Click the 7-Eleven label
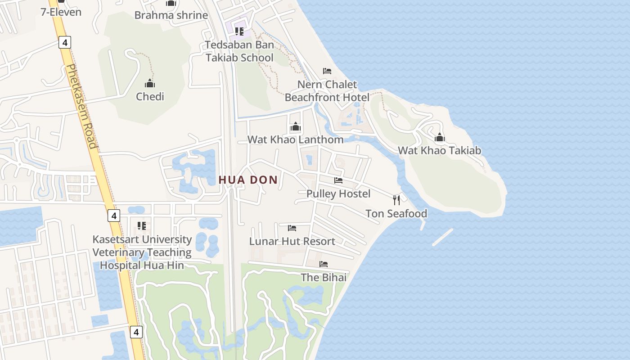[61, 12]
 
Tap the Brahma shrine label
[171, 15]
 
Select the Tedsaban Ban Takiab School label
[239, 51]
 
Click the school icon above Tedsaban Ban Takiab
[239, 31]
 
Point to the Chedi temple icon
[150, 83]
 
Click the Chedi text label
[150, 96]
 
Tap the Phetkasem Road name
[81, 106]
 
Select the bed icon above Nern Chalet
[327, 71]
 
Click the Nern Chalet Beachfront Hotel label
[327, 91]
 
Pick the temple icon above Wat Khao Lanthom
[295, 127]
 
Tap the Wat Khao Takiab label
[439, 150]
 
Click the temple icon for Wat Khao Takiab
[439, 137]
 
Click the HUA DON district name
[248, 180]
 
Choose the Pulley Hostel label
[338, 193]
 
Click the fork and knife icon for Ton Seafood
[396, 200]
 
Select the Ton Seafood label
[396, 213]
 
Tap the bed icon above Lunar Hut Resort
[292, 228]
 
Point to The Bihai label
[324, 277]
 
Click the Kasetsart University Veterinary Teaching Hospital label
[142, 252]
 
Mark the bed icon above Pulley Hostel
[338, 180]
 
